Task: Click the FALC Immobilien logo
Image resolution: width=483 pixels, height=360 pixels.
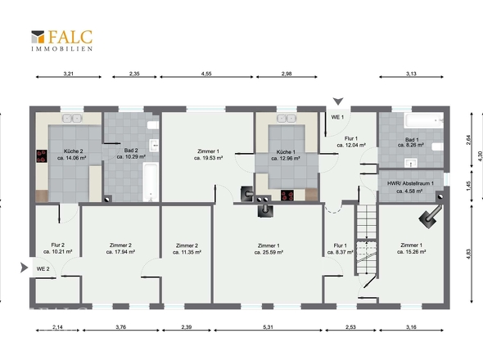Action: [61, 40]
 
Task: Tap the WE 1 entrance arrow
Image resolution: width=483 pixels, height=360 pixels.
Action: [338, 101]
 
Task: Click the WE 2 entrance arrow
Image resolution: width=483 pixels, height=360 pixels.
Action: [24, 268]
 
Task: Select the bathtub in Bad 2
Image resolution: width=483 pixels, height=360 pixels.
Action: [151, 182]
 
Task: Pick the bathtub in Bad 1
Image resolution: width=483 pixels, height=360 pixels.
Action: [424, 121]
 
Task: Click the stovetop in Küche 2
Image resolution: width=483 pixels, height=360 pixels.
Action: [42, 155]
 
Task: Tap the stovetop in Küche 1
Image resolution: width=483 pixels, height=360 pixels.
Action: [287, 196]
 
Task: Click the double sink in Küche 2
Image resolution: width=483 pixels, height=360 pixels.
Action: [72, 118]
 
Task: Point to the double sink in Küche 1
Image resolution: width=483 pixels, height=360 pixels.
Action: [287, 119]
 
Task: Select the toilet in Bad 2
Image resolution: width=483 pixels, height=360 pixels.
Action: [153, 124]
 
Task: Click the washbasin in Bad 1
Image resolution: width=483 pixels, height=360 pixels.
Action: [411, 163]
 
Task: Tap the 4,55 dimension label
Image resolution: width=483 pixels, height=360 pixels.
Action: [206, 74]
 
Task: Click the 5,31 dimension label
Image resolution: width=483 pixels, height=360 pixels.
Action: [268, 327]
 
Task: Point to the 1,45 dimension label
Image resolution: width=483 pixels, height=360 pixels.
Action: [468, 186]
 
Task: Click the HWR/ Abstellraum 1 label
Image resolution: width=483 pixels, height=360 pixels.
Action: [410, 183]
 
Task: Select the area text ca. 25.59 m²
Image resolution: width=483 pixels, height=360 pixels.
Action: [269, 252]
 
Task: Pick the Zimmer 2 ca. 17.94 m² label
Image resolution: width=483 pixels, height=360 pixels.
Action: [120, 249]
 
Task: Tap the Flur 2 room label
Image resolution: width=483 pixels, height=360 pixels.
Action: [57, 245]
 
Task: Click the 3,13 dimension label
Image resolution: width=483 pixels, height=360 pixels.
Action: [411, 74]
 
